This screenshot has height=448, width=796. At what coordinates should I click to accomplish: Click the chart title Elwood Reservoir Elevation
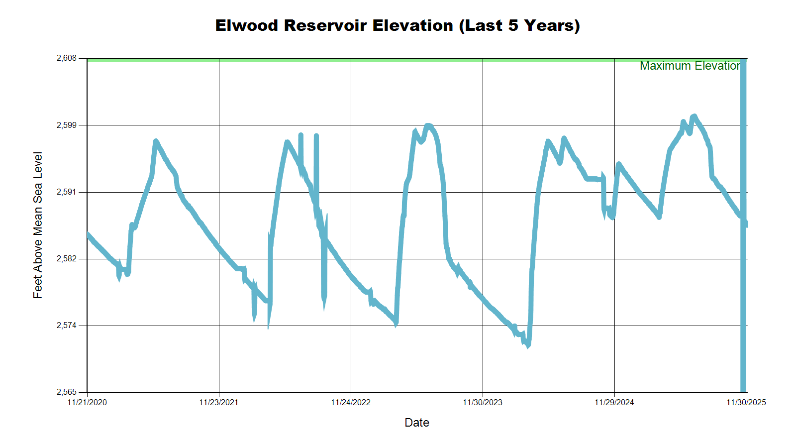398,25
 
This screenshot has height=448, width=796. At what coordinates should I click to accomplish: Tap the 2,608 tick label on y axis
67,58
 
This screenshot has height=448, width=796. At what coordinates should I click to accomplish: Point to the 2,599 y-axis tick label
67,125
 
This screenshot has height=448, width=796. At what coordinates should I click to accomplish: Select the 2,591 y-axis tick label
67,192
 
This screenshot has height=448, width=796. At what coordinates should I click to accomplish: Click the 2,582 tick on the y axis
67,259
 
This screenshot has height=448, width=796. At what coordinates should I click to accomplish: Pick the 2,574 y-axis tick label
67,326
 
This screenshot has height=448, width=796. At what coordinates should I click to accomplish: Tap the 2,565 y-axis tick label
67,392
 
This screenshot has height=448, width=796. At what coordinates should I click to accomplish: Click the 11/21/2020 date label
87,402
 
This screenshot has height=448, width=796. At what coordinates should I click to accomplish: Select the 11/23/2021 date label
219,402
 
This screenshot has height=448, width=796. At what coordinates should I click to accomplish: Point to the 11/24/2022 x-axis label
351,402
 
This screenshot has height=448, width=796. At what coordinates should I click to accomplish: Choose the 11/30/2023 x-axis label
483,402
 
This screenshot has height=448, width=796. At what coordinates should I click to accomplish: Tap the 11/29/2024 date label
614,402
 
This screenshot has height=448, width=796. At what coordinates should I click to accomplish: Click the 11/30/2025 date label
746,402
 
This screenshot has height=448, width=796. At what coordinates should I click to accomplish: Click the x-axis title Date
417,423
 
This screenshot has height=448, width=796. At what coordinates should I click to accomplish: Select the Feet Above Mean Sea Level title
38,225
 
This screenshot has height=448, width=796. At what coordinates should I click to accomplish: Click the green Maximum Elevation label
690,66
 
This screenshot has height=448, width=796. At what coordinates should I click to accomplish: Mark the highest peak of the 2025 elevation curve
694,116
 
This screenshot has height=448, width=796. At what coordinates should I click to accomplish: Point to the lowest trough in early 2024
528,345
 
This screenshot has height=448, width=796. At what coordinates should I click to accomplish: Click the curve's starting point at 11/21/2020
88,234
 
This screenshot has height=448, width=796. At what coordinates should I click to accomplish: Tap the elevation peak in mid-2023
428,126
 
